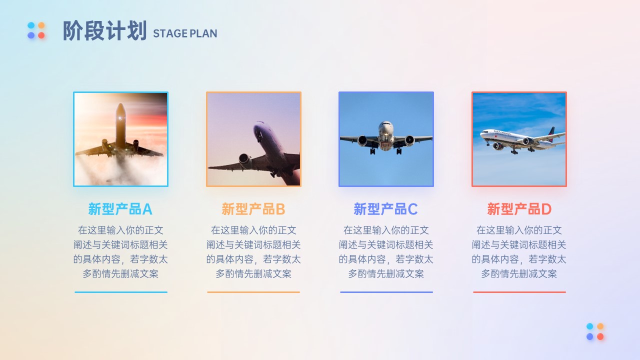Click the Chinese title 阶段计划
[x=104, y=30]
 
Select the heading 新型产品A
[x=120, y=209]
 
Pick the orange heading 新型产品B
[x=253, y=209]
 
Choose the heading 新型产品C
[x=385, y=209]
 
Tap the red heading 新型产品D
[x=519, y=209]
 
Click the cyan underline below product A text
[x=121, y=292]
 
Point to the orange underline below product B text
[x=253, y=292]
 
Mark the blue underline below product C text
[x=386, y=292]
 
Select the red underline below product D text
[x=519, y=292]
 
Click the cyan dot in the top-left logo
[x=31, y=25]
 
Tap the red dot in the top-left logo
[x=41, y=35]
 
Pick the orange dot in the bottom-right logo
[x=600, y=326]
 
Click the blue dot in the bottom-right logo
[x=589, y=336]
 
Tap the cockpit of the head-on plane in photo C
[x=386, y=124]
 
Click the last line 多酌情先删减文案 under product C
[x=385, y=273]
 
